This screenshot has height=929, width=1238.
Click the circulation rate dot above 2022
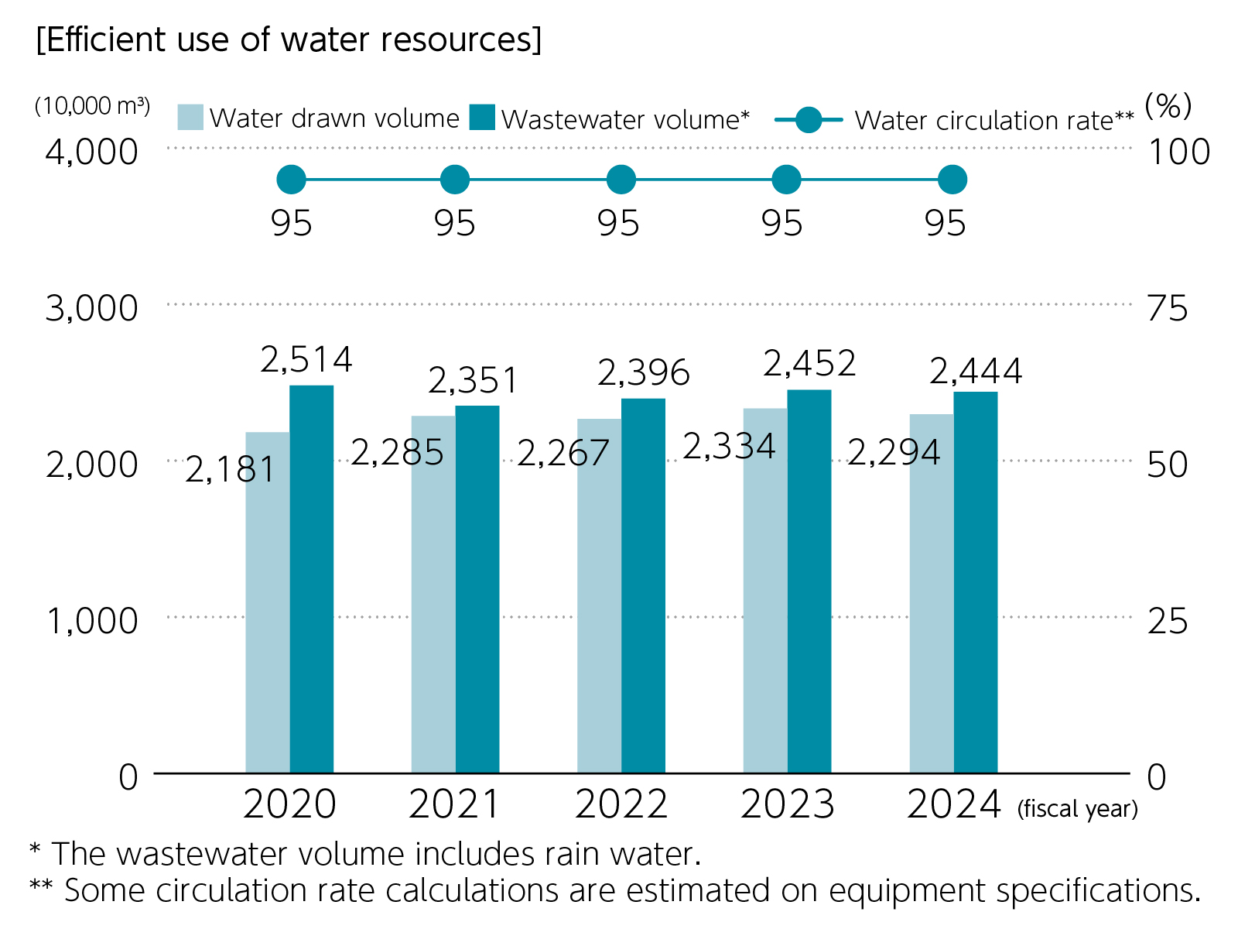point(621,180)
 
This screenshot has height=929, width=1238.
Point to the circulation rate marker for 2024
point(952,180)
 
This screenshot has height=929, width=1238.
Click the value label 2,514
point(306,360)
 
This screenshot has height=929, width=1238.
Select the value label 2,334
point(729,447)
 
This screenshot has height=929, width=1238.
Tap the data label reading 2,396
point(643,373)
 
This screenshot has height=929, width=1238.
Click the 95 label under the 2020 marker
point(292,224)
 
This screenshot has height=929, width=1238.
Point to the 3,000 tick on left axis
point(91,308)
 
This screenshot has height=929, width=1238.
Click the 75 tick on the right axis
point(1167,308)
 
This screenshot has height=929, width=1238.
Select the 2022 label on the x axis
point(621,804)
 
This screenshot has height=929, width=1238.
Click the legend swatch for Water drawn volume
point(190,118)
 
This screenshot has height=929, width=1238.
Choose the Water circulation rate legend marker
point(809,120)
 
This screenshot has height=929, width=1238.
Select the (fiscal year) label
point(1077,809)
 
